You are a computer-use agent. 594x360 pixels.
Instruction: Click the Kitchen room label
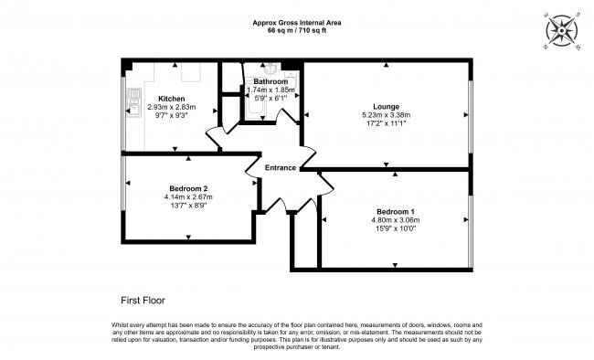(x=172, y=98)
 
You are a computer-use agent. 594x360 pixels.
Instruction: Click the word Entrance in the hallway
(x=281, y=167)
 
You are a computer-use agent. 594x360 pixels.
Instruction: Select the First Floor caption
(x=143, y=300)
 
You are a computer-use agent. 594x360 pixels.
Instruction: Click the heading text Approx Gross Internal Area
(x=296, y=23)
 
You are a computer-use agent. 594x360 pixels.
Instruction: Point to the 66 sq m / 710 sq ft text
(x=296, y=31)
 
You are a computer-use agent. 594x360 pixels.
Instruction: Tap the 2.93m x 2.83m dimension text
(x=172, y=107)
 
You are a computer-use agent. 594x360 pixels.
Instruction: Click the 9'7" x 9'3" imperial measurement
(x=172, y=116)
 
